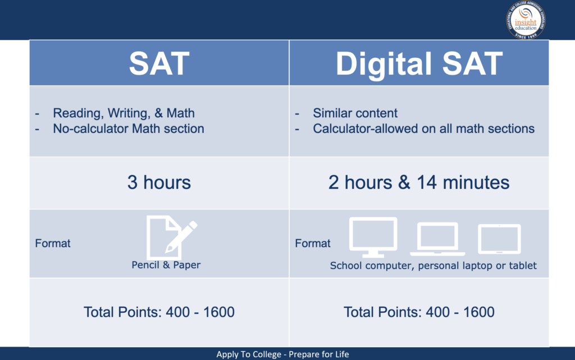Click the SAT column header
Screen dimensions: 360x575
[x=159, y=63]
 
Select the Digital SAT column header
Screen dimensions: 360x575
[x=419, y=63]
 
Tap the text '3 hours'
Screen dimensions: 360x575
[x=159, y=183]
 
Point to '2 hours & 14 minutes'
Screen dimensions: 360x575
[x=419, y=183]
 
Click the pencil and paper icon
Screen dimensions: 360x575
[x=171, y=236]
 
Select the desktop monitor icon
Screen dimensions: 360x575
[x=373, y=236]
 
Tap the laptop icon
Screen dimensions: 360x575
[x=437, y=239]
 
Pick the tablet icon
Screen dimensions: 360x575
[x=499, y=239]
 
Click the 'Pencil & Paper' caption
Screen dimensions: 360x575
[x=166, y=265]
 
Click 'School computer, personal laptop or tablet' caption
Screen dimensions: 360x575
[x=433, y=266]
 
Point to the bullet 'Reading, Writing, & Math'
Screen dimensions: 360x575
[x=124, y=113]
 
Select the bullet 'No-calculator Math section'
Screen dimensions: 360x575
[x=128, y=129]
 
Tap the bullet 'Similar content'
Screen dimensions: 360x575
[x=355, y=113]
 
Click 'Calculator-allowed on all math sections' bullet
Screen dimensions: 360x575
[x=423, y=129]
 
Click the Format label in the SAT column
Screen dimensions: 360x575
[x=53, y=244]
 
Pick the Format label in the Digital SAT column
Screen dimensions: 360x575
[x=313, y=244]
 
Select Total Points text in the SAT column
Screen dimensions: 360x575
[x=159, y=312]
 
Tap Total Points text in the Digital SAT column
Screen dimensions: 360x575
[x=419, y=312]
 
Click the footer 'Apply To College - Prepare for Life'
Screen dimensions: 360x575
[x=282, y=354]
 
